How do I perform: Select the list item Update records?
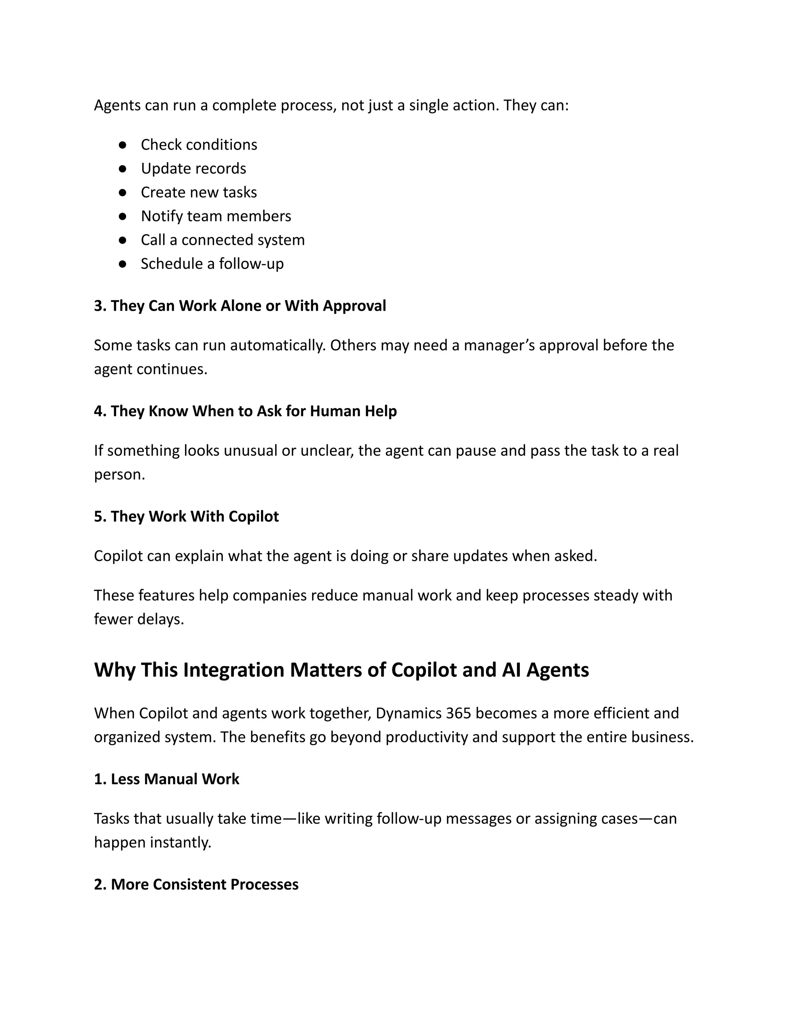193,168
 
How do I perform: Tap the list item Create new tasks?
199,193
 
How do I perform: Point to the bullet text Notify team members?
215,216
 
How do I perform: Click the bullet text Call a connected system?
222,240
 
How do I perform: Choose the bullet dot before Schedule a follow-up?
122,264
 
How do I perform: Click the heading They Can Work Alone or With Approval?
240,306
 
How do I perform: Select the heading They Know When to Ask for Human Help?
245,411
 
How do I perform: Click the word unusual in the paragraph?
250,451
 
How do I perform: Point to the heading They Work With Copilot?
186,516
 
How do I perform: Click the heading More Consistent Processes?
196,884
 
